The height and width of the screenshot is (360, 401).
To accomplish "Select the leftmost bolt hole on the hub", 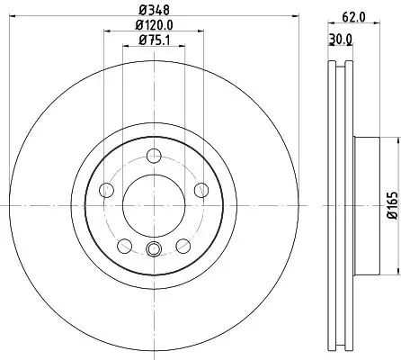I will pos(106,190).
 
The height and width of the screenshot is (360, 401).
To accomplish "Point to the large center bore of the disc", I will pos(152,199).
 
